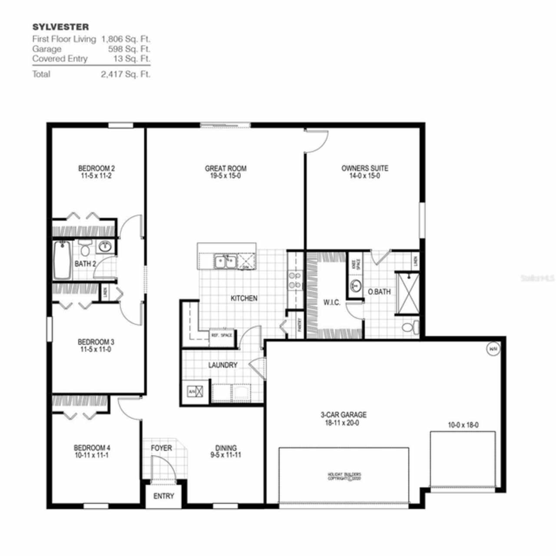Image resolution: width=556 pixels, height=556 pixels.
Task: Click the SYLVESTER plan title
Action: (60, 27)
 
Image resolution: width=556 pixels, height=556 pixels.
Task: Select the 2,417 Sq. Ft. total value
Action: (126, 74)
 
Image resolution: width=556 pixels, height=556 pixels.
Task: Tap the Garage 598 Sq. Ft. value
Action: (129, 49)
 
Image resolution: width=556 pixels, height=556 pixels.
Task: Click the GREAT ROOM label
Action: (225, 168)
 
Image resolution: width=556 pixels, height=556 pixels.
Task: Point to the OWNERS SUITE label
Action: (364, 168)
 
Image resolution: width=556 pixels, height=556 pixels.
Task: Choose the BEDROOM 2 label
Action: (96, 168)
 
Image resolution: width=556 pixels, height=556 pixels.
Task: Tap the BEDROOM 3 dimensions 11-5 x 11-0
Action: (96, 349)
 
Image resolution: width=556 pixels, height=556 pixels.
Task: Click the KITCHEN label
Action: (244, 298)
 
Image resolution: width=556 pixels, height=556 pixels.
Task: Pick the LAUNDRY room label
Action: (222, 365)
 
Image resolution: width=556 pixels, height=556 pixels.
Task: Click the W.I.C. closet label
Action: (331, 302)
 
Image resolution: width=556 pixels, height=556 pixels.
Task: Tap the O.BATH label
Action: (379, 292)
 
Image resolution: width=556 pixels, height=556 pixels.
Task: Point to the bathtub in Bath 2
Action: (63, 261)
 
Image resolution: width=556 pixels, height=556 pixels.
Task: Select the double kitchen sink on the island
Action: (225, 261)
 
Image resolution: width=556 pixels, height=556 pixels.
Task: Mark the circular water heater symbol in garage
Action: (493, 348)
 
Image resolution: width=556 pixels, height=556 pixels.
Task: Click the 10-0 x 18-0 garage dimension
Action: (463, 425)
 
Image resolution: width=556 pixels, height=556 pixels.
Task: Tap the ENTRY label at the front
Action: (164, 496)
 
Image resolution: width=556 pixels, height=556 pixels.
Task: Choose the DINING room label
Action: (226, 447)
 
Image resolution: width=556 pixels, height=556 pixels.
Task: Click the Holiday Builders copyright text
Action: (344, 476)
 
